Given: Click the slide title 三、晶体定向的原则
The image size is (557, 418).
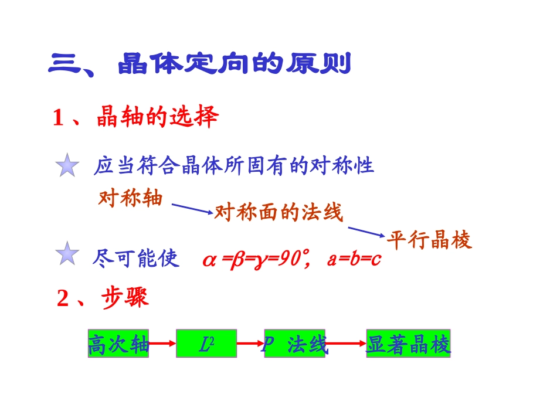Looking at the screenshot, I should point(199,63).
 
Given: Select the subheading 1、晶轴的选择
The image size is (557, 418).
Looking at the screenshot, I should point(135,118).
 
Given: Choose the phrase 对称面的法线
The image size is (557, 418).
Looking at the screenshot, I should point(278,212).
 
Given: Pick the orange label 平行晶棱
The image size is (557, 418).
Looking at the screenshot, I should point(429,240).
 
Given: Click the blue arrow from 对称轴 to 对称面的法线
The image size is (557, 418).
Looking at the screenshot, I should point(192,208).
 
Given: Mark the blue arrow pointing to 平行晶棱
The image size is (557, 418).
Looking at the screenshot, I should point(366,232).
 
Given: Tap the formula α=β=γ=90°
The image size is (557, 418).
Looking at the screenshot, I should point(256,259).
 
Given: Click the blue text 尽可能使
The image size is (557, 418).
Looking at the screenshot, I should point(135,258).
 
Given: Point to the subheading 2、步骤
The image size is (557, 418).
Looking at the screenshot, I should point(103,298).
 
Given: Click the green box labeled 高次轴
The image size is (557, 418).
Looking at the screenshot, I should point(118,344).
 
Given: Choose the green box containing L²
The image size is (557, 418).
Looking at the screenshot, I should point(206,344).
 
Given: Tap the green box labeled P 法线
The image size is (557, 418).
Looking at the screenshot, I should point(294,344).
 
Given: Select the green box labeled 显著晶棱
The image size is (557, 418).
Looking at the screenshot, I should point(409,344).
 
